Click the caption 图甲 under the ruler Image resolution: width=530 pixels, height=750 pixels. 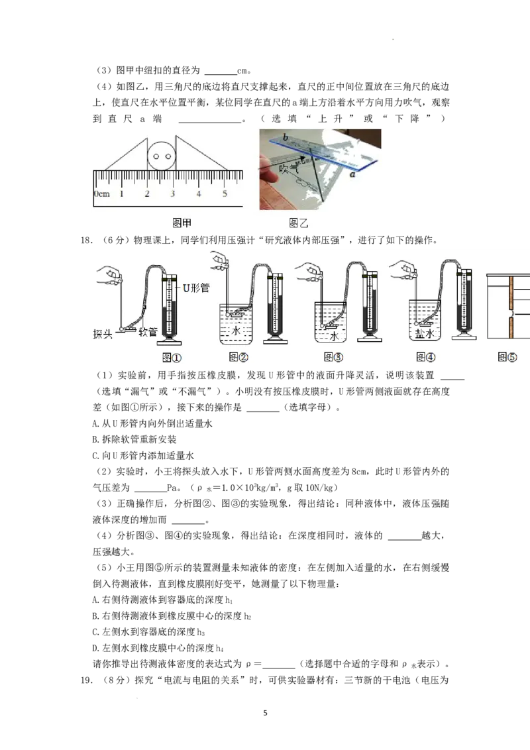pos(182,223)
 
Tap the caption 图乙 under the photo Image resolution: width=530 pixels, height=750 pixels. pos(299,223)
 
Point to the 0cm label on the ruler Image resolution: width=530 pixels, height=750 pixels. pos(101,194)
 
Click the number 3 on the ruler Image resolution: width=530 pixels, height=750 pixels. pos(172,194)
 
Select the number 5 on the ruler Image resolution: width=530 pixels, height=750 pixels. pos(224,194)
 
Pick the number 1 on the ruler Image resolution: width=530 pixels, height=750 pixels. pos(121,194)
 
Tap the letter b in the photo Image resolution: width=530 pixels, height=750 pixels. pos(284,137)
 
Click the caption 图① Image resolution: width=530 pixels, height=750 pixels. pos(172,357)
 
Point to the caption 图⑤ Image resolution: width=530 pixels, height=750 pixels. pos(507,357)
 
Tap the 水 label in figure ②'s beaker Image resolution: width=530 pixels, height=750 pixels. pos(237,329)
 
